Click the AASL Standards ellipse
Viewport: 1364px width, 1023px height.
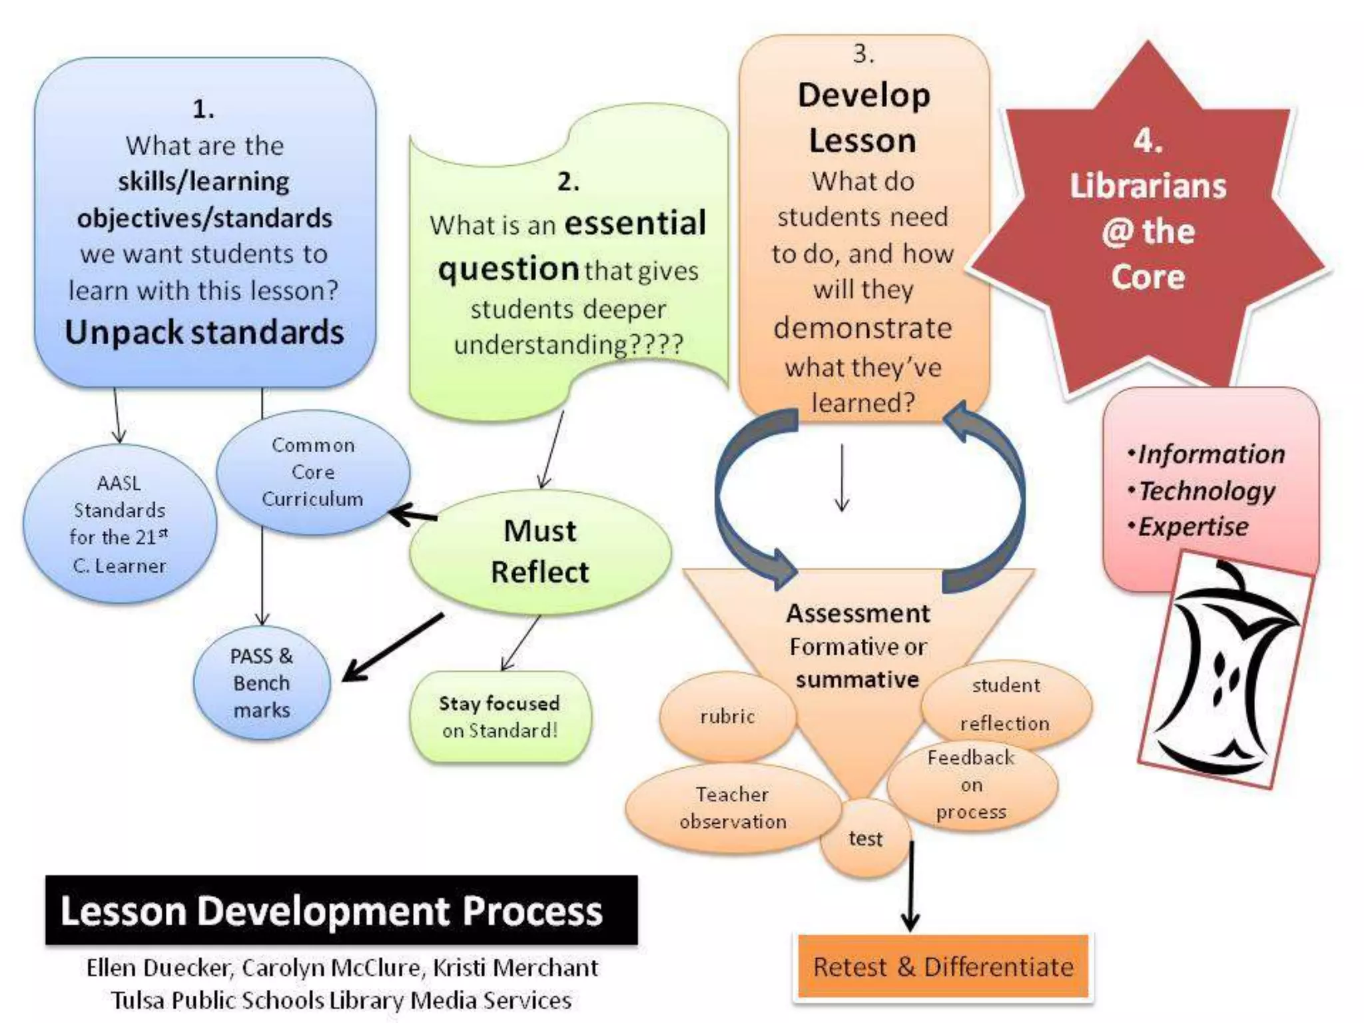click(x=119, y=524)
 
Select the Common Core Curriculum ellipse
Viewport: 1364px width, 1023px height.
click(x=312, y=472)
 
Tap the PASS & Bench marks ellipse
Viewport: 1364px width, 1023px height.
click(x=262, y=683)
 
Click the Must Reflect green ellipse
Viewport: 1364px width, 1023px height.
click(x=540, y=551)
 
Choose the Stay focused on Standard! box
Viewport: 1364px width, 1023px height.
click(x=500, y=717)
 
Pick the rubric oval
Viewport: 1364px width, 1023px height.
click(x=727, y=717)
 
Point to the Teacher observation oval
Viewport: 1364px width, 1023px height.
click(x=732, y=808)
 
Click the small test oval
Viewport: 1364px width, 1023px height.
click(x=864, y=839)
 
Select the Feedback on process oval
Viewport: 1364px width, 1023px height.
click(x=971, y=785)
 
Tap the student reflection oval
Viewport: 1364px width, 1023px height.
click(x=1006, y=704)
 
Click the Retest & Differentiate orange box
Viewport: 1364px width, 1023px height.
click(x=943, y=966)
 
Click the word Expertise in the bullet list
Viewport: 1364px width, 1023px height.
click(x=1193, y=527)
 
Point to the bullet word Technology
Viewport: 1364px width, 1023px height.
click(x=1206, y=491)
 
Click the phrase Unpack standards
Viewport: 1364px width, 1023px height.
click(x=204, y=332)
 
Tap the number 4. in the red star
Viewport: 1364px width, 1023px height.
click(x=1148, y=141)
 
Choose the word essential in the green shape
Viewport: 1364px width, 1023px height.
click(x=635, y=223)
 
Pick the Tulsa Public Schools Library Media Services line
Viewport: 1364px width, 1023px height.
click(x=341, y=1000)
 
